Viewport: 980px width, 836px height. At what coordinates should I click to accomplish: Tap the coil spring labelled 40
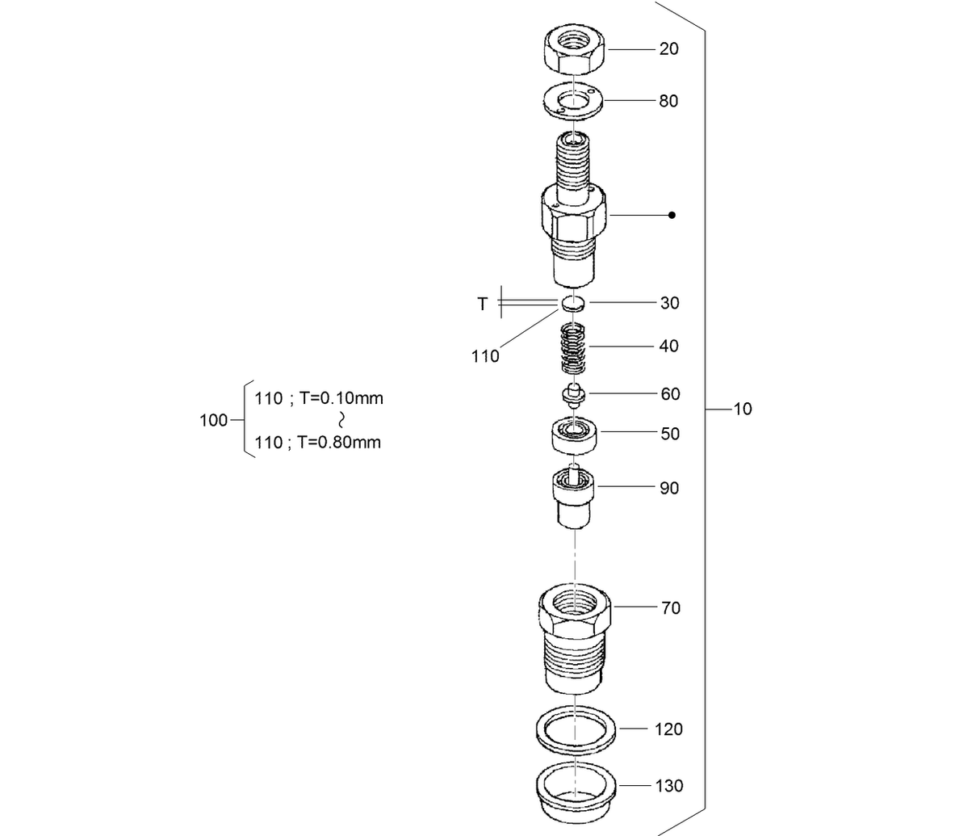click(573, 347)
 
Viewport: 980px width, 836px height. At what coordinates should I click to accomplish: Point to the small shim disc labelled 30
click(573, 304)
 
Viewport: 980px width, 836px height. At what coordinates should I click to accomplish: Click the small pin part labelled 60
click(573, 395)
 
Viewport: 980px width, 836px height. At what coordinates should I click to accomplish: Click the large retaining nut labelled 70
click(574, 637)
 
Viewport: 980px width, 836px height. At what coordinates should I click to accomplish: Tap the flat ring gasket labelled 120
click(576, 729)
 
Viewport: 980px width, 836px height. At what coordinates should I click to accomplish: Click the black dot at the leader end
click(672, 216)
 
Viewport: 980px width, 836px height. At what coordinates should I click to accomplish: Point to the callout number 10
click(743, 409)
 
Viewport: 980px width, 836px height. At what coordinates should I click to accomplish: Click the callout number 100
click(213, 420)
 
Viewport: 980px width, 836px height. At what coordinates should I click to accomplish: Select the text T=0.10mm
click(341, 398)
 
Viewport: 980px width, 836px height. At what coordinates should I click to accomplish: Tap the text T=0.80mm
click(339, 442)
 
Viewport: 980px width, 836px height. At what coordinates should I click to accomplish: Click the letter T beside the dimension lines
click(483, 304)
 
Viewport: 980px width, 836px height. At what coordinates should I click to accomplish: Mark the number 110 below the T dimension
click(485, 356)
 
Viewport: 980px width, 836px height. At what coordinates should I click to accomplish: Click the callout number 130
click(668, 785)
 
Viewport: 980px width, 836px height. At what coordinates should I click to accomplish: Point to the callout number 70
click(670, 608)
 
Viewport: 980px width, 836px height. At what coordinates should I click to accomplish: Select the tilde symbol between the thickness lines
click(341, 420)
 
